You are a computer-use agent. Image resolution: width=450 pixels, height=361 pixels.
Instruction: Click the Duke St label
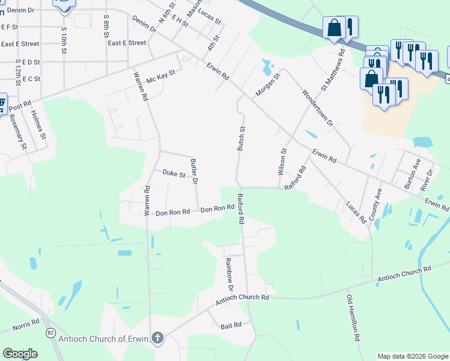coord(174,173)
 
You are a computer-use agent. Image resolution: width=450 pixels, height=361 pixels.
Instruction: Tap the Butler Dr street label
coord(194,171)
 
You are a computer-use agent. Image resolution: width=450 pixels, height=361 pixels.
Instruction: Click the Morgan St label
coord(268,85)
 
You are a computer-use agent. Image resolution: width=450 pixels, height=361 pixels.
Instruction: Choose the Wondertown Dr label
coord(317,108)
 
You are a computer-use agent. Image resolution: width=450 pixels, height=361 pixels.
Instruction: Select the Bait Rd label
coord(231,325)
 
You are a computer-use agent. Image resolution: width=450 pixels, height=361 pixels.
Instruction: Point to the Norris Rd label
coord(26,326)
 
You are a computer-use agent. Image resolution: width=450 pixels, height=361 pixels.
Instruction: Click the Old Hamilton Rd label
coord(353,318)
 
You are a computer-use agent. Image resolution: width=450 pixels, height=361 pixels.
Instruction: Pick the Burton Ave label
coord(412,174)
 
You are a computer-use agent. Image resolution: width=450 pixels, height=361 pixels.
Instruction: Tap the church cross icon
coord(158,338)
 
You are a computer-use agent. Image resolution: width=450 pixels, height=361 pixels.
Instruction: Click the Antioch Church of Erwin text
coord(103,338)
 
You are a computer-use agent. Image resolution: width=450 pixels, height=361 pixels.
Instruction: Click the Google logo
coord(20,354)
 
